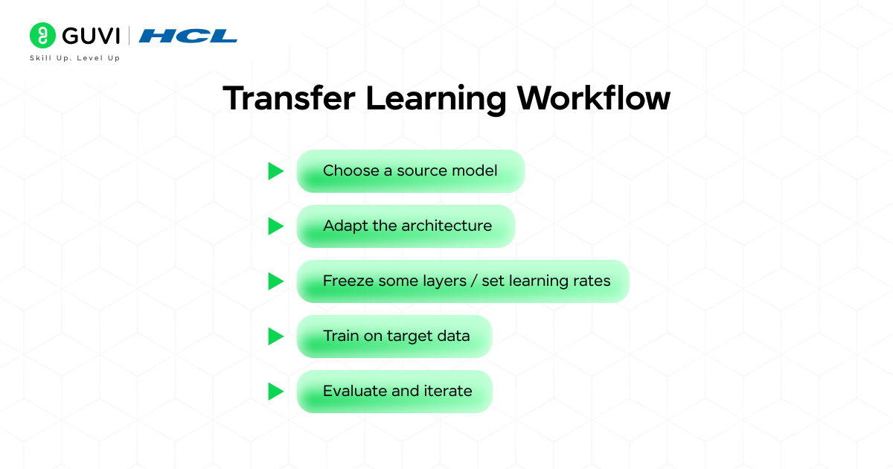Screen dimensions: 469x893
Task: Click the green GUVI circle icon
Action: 42,36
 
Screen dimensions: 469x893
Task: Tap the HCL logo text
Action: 188,36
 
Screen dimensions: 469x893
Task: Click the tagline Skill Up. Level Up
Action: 74,58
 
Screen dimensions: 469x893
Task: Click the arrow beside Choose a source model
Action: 276,171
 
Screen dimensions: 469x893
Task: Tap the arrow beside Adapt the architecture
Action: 276,226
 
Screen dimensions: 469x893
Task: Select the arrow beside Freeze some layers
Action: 276,281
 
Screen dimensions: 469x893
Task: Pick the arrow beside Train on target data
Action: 276,336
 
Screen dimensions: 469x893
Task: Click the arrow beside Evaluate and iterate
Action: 276,392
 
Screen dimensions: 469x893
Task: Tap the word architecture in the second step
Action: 446,226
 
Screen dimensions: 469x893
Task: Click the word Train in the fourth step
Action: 341,336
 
